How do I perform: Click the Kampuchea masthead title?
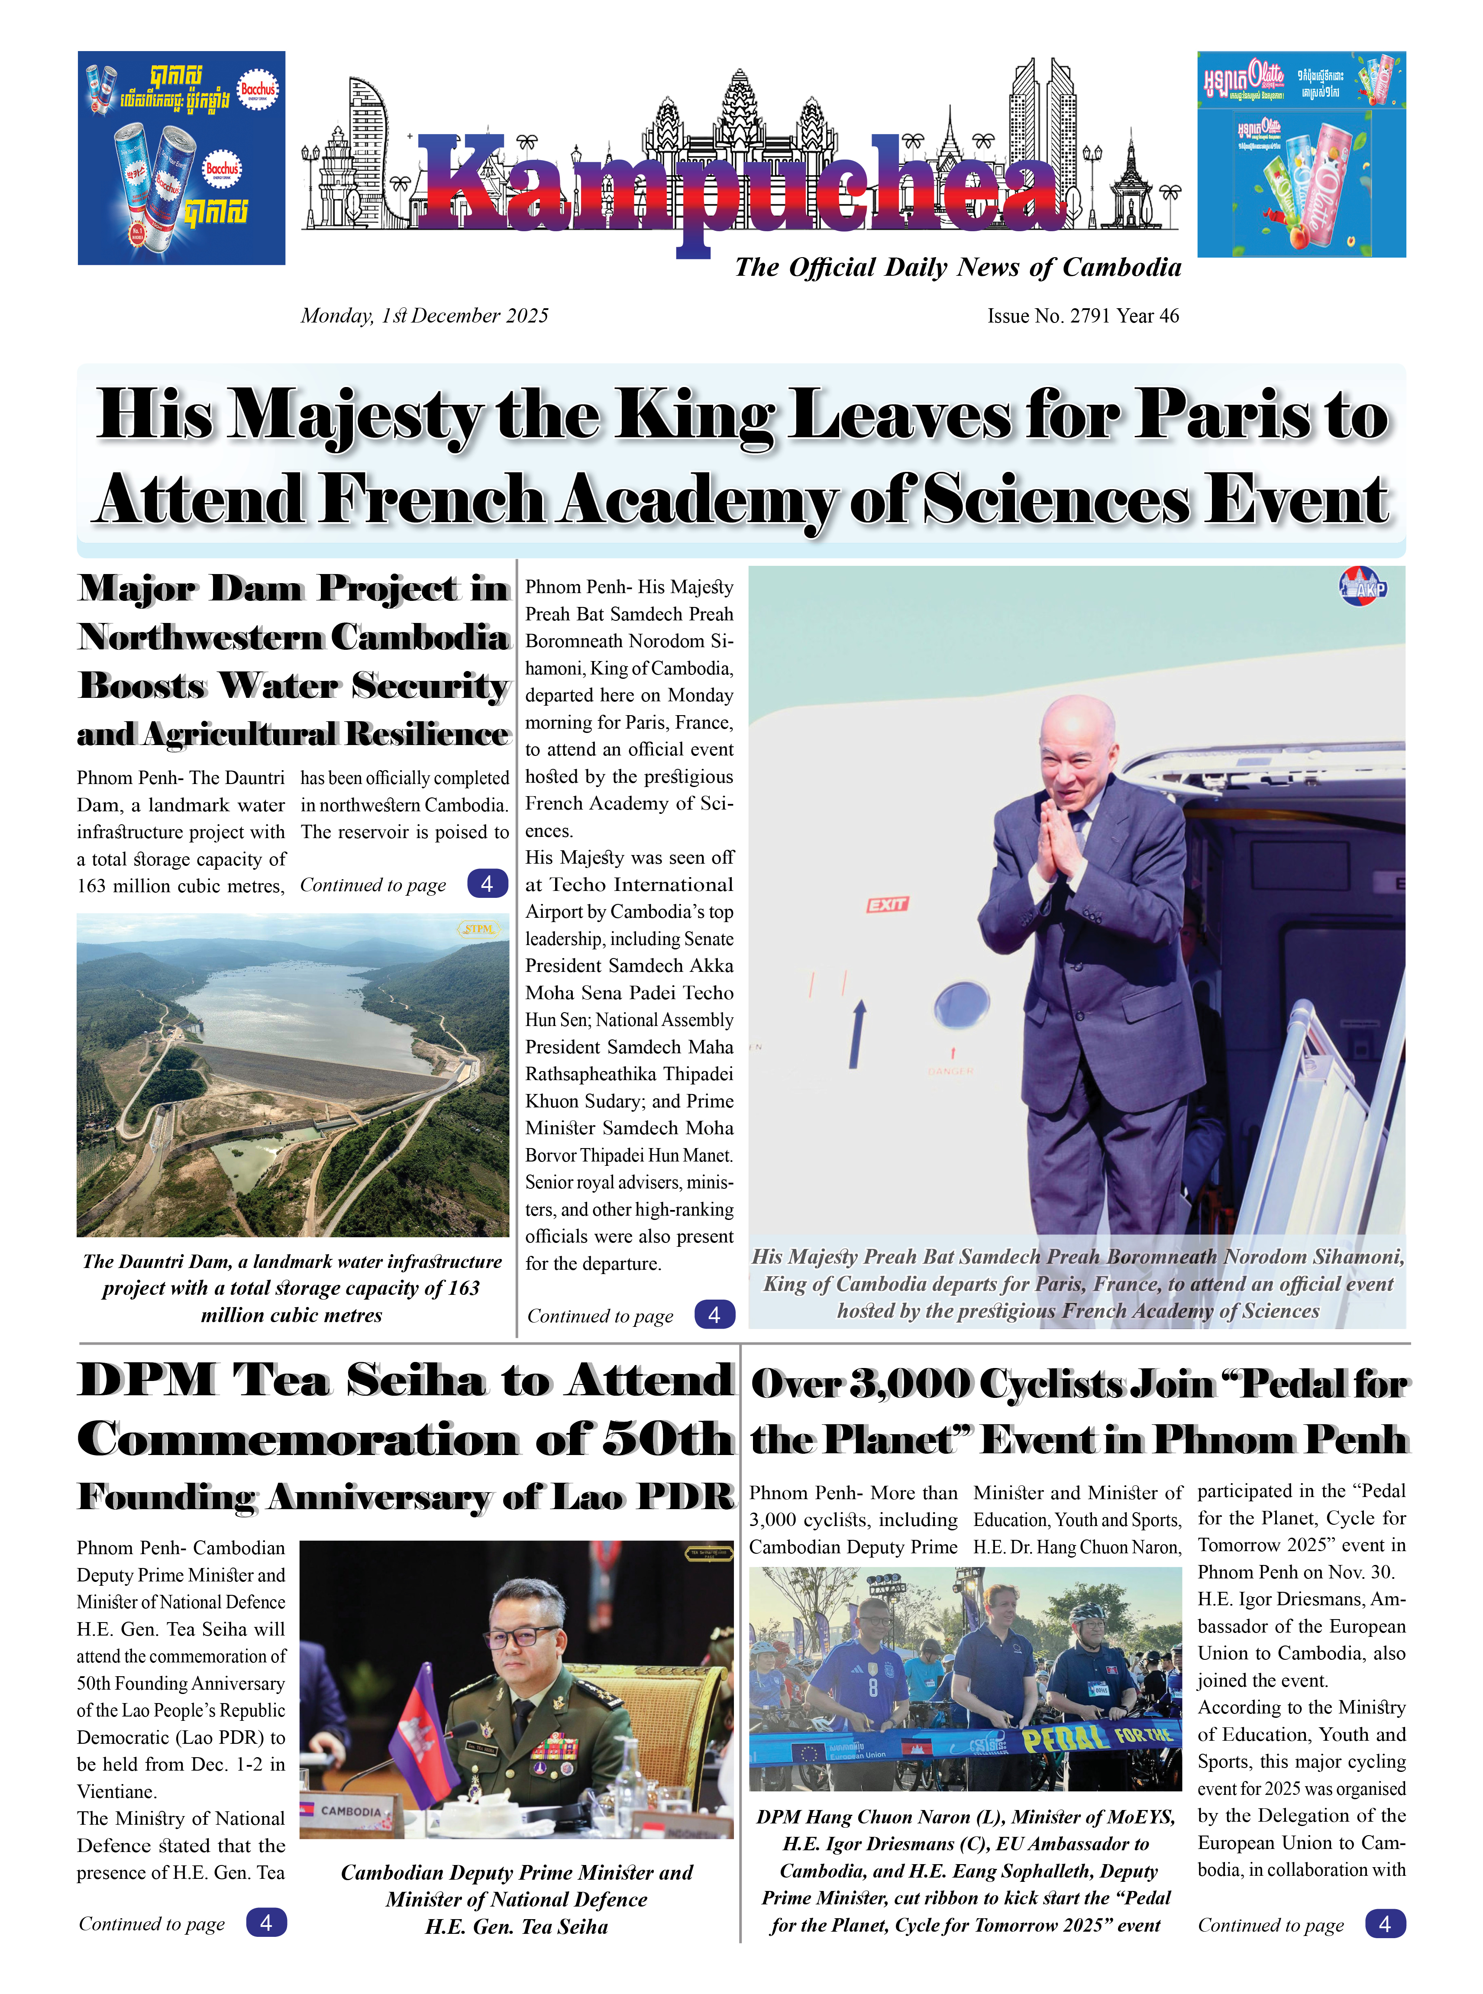point(740,184)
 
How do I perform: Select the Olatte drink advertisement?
point(1301,155)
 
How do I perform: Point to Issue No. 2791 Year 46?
point(1082,316)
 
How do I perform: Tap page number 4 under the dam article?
point(487,884)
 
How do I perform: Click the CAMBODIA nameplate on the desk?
point(350,1811)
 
